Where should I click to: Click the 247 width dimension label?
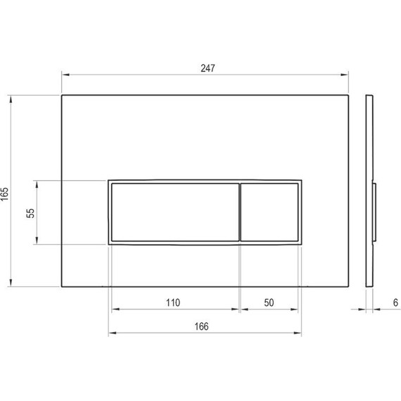pyautogui.click(x=207, y=68)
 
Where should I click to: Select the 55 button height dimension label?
pyautogui.click(x=30, y=213)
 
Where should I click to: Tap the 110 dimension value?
pyautogui.click(x=173, y=303)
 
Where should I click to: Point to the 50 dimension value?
pyautogui.click(x=269, y=303)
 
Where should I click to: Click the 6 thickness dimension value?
pyautogui.click(x=396, y=303)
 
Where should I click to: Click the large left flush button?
pyautogui.click(x=174, y=212)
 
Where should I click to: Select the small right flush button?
pyautogui.click(x=270, y=212)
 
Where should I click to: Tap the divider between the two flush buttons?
pyautogui.click(x=241, y=212)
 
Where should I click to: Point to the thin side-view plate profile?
pyautogui.click(x=367, y=141)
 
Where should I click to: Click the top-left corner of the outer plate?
pyautogui.click(x=62, y=95)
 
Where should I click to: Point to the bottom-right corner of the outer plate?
pyautogui.click(x=349, y=287)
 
